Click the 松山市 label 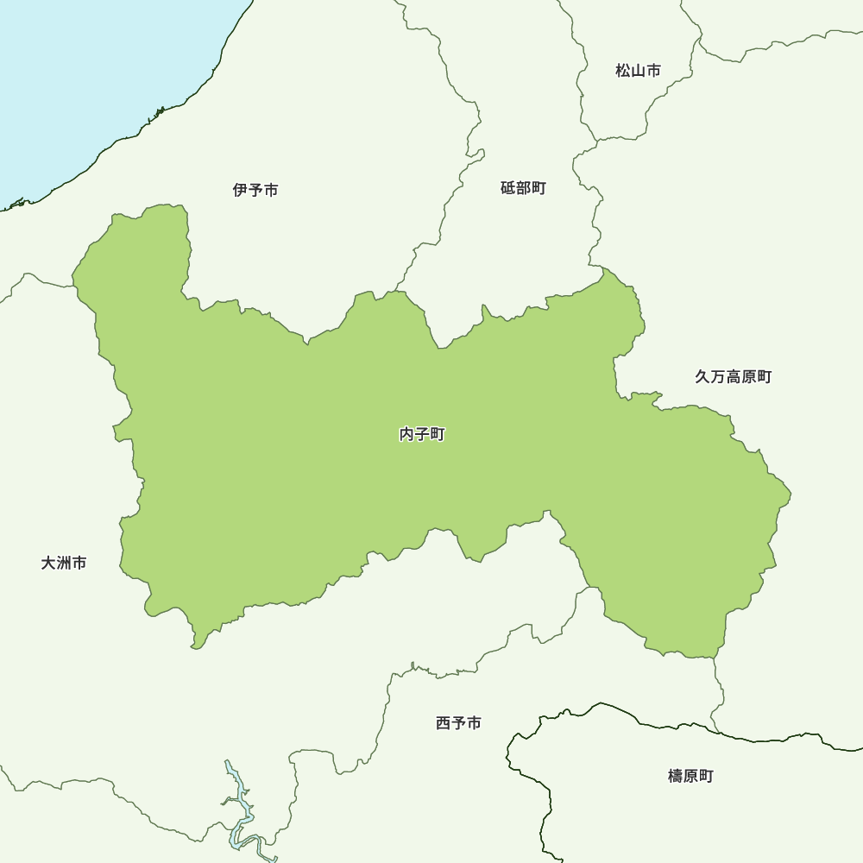click(638, 71)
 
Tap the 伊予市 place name click(255, 190)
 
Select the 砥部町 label click(523, 188)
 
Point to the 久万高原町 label click(733, 377)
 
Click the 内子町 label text click(422, 435)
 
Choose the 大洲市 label click(64, 564)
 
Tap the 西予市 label click(458, 723)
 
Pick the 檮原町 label click(690, 777)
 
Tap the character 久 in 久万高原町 click(702, 377)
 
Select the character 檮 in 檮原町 click(676, 777)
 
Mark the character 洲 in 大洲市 click(64, 564)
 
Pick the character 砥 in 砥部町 click(508, 188)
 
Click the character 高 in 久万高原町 click(733, 377)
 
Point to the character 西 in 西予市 click(444, 723)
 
